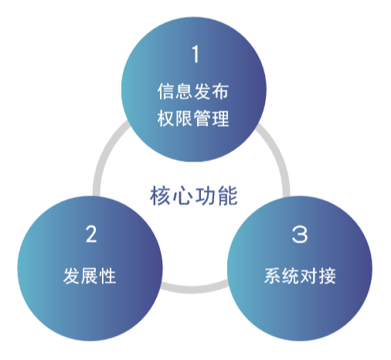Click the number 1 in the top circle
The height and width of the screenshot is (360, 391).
195,54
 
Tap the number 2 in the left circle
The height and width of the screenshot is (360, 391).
91,234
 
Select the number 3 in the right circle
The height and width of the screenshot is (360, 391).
300,234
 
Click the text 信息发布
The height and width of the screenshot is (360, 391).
193,91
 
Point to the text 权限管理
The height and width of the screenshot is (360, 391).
193,118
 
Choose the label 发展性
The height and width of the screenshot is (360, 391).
90,276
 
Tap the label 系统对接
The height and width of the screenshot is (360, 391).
300,276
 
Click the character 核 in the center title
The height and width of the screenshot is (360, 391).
160,195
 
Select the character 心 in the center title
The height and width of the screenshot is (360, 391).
182,195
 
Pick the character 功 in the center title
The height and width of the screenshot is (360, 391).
205,195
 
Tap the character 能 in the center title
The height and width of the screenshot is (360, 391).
228,195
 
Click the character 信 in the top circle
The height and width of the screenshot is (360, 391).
166,91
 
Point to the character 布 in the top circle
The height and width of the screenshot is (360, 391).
220,91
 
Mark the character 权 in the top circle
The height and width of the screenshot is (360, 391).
166,118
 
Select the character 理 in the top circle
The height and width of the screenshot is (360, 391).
220,118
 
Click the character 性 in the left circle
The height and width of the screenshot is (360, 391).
107,276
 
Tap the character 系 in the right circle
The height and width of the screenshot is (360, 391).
273,276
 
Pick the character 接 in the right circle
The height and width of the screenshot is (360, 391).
327,276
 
